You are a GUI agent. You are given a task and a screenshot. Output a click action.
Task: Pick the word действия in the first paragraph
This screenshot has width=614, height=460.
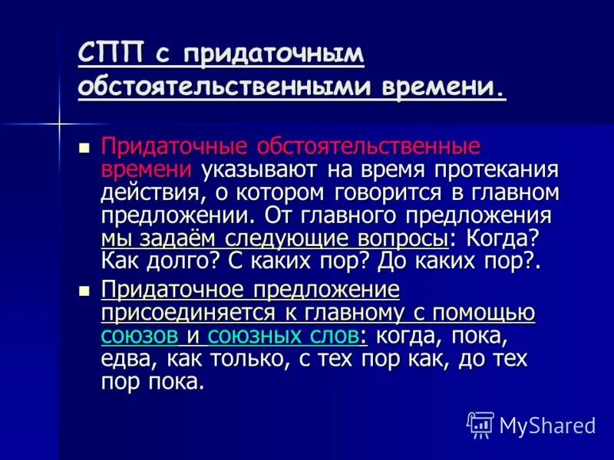pyautogui.click(x=149, y=192)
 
